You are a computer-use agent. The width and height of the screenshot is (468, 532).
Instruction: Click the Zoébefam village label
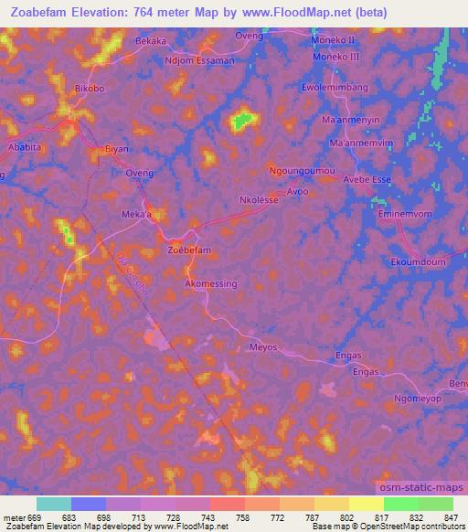190,250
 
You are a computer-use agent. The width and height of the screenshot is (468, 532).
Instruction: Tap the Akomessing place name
211,283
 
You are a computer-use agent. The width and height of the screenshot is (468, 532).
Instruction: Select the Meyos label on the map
263,347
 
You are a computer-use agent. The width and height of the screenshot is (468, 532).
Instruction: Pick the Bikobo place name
91,89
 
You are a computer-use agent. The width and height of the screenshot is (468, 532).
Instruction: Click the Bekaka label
151,41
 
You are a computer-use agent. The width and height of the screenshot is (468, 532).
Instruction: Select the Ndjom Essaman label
199,60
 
